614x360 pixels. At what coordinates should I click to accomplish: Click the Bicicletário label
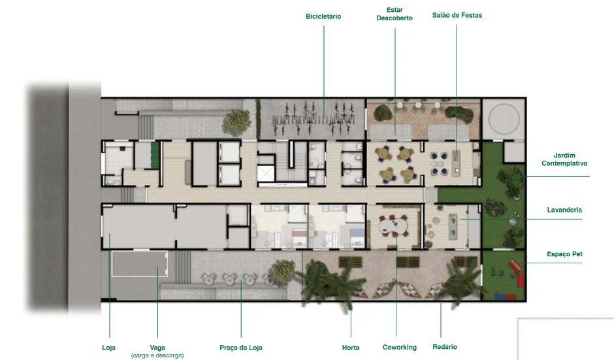point(323,16)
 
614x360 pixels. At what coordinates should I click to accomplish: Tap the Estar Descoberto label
point(395,14)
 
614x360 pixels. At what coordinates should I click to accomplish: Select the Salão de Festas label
point(457,15)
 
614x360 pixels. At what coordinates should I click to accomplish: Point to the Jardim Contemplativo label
point(564,159)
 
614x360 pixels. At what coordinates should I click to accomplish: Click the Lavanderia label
point(564,210)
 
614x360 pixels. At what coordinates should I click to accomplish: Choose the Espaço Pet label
point(564,254)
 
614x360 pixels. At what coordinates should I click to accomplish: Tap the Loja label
point(109,348)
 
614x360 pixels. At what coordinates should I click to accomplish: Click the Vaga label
point(157,348)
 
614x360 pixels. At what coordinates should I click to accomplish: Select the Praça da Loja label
point(241,348)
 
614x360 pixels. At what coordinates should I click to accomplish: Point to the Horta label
point(351,348)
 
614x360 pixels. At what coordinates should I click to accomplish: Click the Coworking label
point(399,347)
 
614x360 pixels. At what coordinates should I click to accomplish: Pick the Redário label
point(445,347)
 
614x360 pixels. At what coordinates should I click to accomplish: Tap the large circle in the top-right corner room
point(504,118)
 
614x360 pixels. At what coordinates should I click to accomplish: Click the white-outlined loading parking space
point(139,264)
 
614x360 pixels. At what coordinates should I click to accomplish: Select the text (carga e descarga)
point(157,355)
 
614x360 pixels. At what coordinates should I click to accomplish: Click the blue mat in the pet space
point(500,297)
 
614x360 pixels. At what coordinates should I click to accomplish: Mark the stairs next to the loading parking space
point(183,267)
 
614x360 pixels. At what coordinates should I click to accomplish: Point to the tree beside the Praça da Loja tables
point(283,271)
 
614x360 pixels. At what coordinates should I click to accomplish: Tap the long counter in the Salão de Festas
point(456,161)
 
